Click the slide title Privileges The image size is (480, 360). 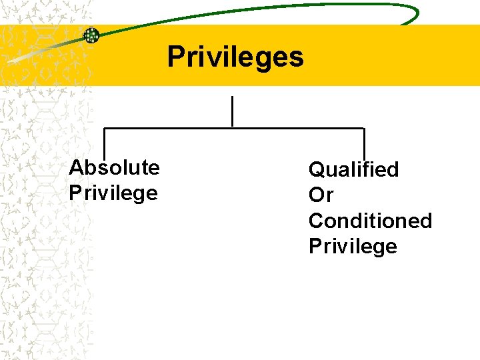[235, 57]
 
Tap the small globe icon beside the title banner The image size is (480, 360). [91, 35]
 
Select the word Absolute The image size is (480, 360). [114, 167]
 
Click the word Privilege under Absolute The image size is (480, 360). [113, 193]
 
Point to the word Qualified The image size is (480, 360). [353, 170]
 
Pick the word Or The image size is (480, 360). [321, 196]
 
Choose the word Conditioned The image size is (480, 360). [370, 221]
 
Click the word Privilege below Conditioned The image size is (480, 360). [353, 247]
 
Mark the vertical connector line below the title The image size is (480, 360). [232, 111]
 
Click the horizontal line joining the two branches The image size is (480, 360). [233, 127]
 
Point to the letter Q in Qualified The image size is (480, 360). [317, 170]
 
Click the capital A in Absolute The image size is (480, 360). [76, 167]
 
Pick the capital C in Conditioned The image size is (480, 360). [317, 221]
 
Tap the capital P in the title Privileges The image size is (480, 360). [175, 57]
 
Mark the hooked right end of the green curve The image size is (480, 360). [414, 15]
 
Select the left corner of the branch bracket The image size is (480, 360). [104, 128]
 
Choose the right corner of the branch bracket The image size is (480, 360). [364, 128]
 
